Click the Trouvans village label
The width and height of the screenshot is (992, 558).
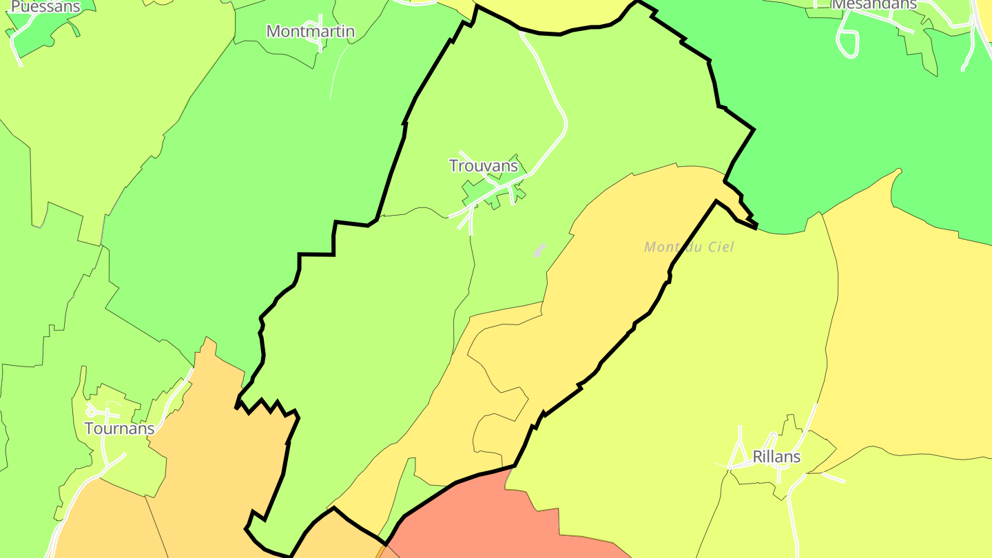click(483, 166)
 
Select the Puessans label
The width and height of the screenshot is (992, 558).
click(45, 7)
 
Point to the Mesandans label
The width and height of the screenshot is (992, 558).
click(874, 4)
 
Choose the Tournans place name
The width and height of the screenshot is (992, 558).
click(119, 428)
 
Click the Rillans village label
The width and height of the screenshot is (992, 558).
click(776, 457)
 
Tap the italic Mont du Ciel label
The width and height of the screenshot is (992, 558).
click(689, 247)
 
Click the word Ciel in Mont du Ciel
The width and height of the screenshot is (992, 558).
click(720, 247)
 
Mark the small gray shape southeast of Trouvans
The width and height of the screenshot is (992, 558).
click(539, 250)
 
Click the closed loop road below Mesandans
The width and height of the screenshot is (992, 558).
click(848, 43)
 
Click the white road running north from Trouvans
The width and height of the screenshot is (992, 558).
click(551, 83)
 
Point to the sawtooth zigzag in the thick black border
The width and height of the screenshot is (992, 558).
click(269, 406)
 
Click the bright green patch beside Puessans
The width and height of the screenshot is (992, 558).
click(41, 34)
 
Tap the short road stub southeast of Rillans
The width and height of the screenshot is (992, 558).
click(834, 477)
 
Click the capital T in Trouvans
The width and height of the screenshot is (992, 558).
click(453, 166)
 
